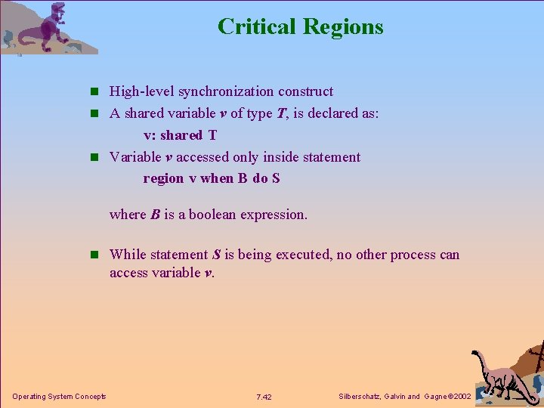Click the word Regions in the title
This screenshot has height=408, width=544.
coord(343,27)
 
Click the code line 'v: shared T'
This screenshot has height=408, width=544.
coord(180,135)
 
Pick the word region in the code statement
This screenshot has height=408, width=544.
coord(163,178)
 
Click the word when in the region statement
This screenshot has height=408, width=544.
coord(217,178)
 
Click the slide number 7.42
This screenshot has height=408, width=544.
coord(264,397)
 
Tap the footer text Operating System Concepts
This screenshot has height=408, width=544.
coord(59,397)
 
